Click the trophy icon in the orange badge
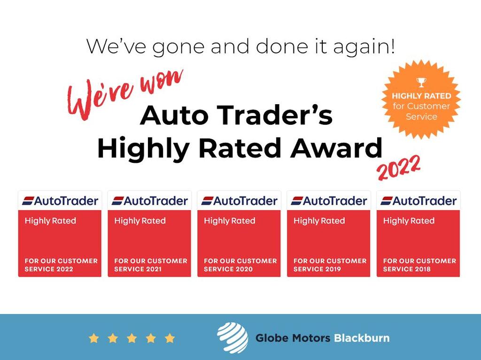[421, 83]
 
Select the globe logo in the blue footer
[232, 337]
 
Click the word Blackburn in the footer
[361, 338]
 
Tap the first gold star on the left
[94, 338]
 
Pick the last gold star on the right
[170, 338]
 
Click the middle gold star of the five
[132, 338]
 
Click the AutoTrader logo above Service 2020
[239, 201]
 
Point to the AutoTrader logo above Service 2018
[419, 201]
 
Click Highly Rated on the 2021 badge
[140, 221]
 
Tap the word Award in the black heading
[336, 148]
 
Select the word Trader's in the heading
[280, 115]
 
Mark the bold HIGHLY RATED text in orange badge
[421, 96]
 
